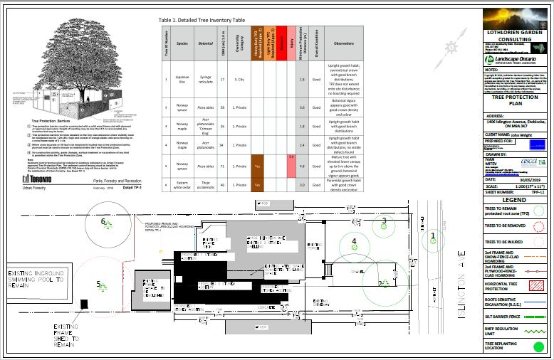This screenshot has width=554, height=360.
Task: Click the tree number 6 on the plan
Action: point(104,223)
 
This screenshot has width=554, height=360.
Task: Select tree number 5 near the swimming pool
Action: point(100,285)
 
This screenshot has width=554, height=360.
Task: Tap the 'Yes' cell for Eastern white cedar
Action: point(257,184)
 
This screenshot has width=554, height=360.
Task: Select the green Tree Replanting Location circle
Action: point(538,347)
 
